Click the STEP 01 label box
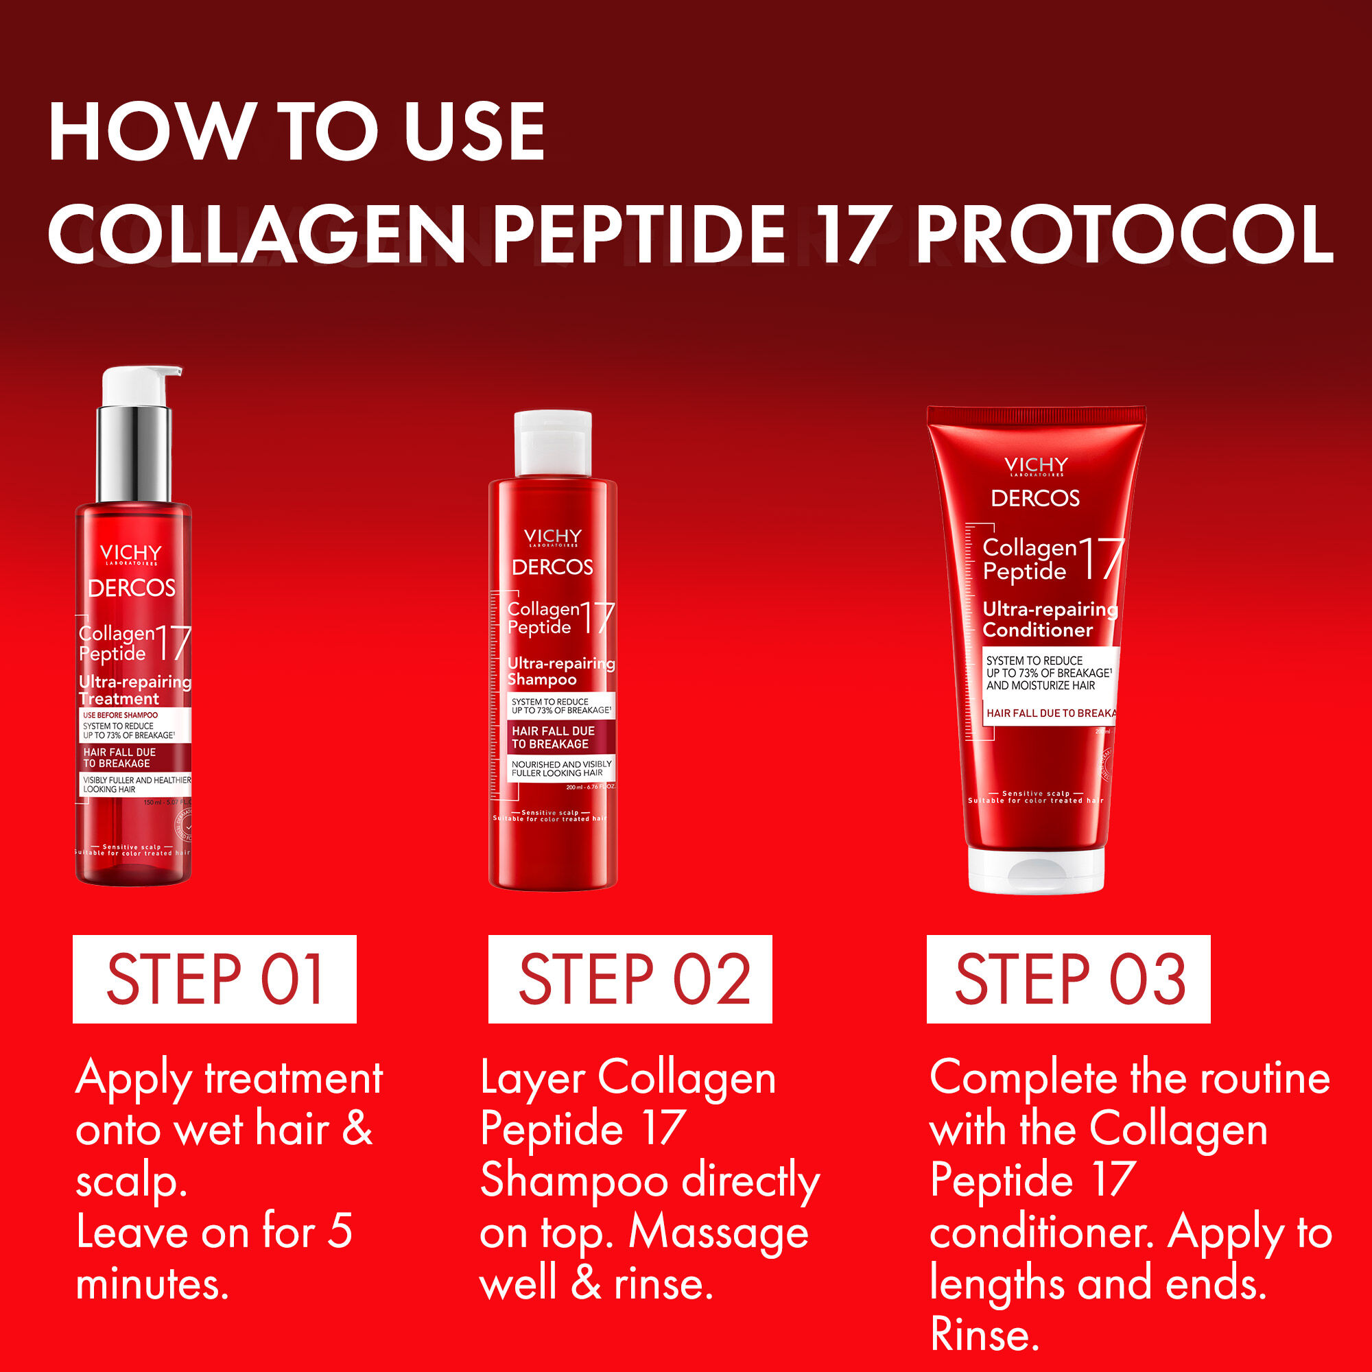[x=214, y=980]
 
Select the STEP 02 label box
[x=630, y=980]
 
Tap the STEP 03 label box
[x=1068, y=980]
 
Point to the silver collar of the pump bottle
[x=134, y=453]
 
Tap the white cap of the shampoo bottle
[x=552, y=443]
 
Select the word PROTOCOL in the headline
[x=1124, y=235]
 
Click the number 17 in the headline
[x=851, y=235]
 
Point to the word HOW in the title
[x=149, y=132]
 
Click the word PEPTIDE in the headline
[x=639, y=235]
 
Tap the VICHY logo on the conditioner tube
[x=1036, y=465]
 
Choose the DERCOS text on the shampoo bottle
[x=552, y=567]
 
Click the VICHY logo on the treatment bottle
[x=130, y=553]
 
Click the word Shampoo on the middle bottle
[x=542, y=680]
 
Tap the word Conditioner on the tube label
[x=1037, y=630]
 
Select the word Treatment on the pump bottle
[x=119, y=699]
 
